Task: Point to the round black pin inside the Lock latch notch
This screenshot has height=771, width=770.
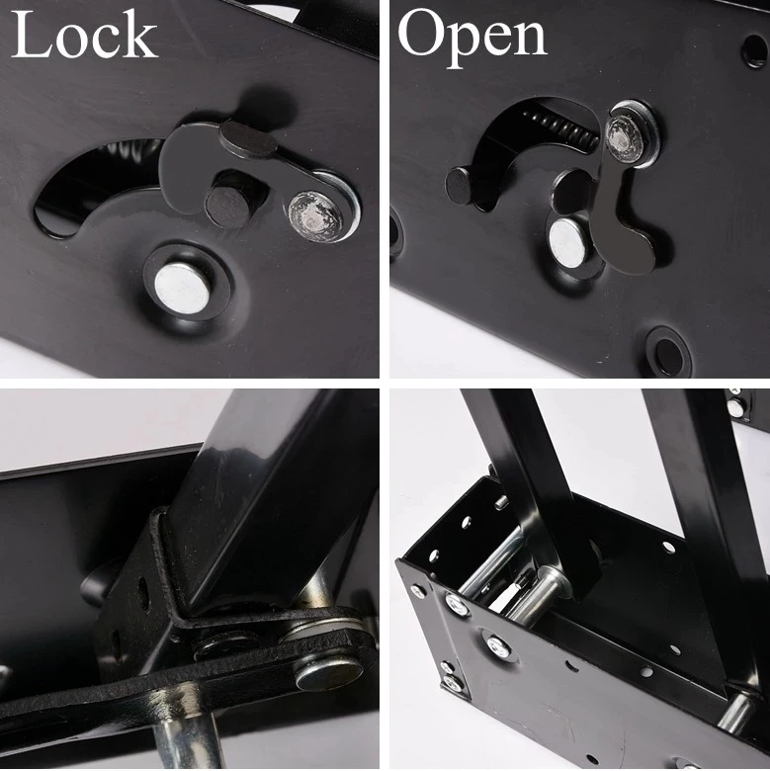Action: click(225, 205)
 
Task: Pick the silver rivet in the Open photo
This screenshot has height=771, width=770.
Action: click(568, 241)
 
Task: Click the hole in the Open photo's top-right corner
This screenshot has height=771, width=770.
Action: click(755, 50)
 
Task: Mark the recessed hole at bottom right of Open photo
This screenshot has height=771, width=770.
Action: click(668, 352)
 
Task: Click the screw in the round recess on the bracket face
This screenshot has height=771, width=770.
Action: click(498, 648)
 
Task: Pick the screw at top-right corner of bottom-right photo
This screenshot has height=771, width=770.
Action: click(736, 405)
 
